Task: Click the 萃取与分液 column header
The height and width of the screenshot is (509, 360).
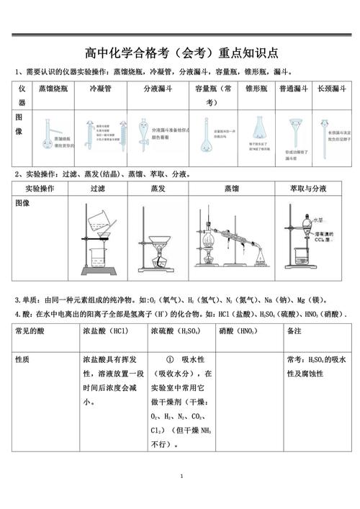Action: pos(307,189)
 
